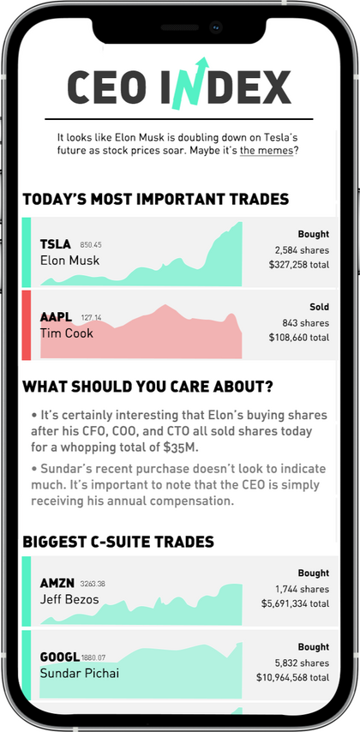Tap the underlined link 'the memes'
pos(267,151)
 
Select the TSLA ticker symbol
pos(56,244)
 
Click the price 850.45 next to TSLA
pos(91,244)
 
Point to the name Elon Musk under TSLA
pos(69,260)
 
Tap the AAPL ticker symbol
pos(56,317)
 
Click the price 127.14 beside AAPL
pos(91,318)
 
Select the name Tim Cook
pos(66,333)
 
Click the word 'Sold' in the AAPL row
pos(320,307)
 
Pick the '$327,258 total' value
pos(299,265)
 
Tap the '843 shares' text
pos(305,323)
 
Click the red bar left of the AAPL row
pos(27,325)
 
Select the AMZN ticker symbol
pos(57,583)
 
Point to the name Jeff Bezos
pos(69,599)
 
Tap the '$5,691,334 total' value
pos(295,603)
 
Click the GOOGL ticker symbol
pos(60,657)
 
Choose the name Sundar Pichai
pos(80,673)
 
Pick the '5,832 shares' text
pos(302,663)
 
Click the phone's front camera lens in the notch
pos(215,27)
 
